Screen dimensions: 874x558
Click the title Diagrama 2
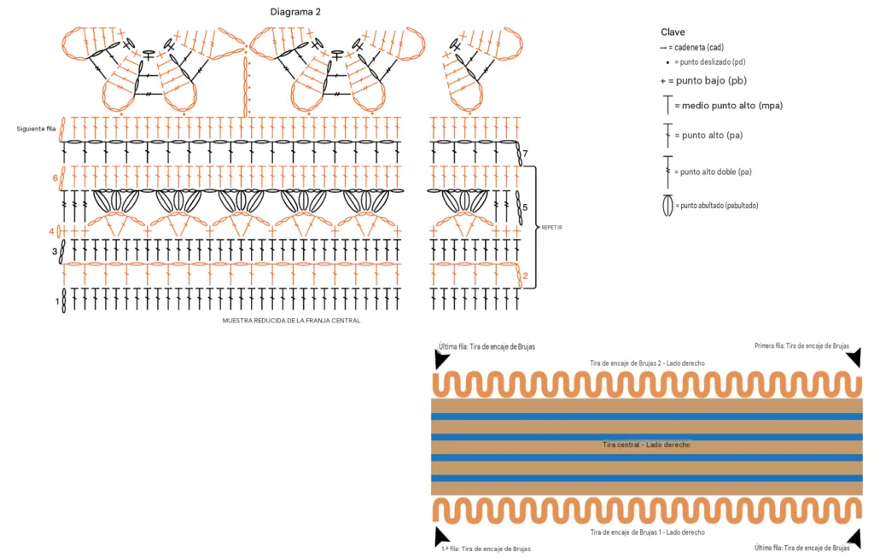point(295,12)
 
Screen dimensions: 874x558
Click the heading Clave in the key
point(673,32)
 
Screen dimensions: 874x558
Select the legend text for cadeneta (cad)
point(699,48)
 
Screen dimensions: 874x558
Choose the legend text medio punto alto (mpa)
point(732,105)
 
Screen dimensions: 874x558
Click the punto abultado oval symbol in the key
point(667,205)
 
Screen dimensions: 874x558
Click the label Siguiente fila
point(36,129)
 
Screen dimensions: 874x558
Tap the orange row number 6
point(55,178)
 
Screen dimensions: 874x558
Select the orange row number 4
point(52,230)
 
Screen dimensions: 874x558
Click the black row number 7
point(525,154)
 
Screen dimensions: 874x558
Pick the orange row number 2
point(525,276)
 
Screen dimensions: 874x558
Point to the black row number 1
point(57,301)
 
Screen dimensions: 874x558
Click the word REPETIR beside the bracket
point(552,228)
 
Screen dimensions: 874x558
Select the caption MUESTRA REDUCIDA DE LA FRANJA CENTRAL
point(292,321)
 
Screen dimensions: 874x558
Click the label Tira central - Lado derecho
point(647,445)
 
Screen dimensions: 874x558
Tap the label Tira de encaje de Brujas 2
point(626,363)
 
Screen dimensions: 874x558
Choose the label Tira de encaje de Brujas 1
point(626,532)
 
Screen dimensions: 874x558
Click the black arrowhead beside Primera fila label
point(854,357)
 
